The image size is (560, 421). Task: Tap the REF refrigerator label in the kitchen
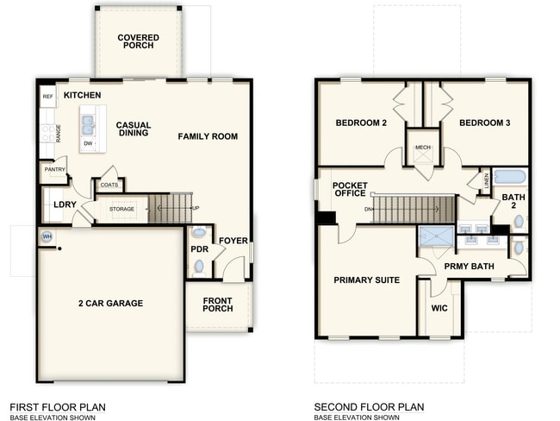coord(48,97)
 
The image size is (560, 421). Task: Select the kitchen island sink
coord(89,127)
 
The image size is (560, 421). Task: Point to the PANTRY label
coord(54,170)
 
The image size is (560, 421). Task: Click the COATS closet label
coord(109,185)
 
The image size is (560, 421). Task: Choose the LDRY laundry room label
coord(65,204)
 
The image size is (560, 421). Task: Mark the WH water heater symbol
coord(47,236)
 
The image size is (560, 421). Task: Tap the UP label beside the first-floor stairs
coord(196,209)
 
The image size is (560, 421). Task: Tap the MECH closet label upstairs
coord(422,148)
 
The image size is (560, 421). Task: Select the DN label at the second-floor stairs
coord(368,209)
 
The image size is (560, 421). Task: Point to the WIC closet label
coord(439,307)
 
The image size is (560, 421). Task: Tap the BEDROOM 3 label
coord(484,123)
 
